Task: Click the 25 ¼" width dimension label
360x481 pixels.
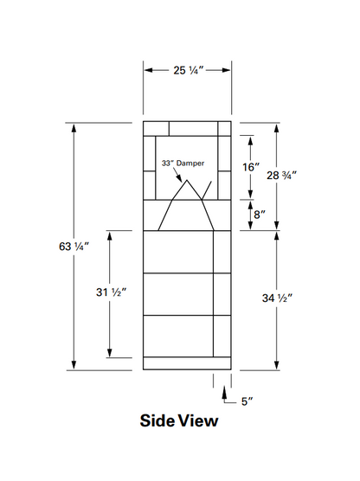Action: coord(186,70)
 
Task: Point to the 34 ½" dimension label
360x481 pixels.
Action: coord(277,298)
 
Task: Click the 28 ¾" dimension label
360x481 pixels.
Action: coord(280,174)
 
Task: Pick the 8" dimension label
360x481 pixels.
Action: coord(258,214)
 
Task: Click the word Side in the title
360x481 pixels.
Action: coord(158,422)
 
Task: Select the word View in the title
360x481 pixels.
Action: coord(199,422)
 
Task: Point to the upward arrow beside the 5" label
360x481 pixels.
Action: coord(224,393)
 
